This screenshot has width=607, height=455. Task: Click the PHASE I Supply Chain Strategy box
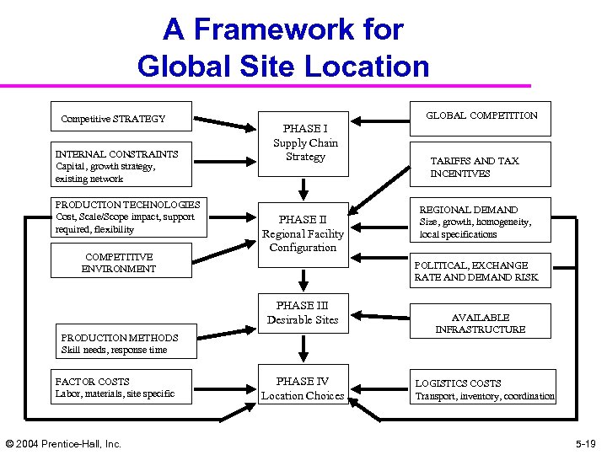[x=304, y=142]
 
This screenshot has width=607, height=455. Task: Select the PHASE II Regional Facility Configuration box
[x=303, y=233]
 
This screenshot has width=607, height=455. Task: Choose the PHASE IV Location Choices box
[x=303, y=388]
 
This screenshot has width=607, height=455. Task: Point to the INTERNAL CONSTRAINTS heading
[x=116, y=154]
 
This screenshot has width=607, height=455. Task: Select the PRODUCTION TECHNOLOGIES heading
[x=127, y=205]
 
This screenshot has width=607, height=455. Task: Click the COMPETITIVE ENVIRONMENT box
[x=119, y=262]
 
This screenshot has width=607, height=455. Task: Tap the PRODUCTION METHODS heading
[x=108, y=338]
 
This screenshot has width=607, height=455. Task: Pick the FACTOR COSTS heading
[x=93, y=382]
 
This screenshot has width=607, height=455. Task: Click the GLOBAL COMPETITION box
[x=481, y=116]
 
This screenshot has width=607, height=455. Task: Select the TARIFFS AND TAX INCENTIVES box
[x=475, y=167]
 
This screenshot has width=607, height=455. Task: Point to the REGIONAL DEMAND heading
[x=469, y=210]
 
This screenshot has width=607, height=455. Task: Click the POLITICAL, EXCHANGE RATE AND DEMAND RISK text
[x=475, y=271]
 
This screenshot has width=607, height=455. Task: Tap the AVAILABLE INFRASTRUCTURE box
[x=480, y=324]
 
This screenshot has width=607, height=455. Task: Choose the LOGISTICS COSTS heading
[x=457, y=383]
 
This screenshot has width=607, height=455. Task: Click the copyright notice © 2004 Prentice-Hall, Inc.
[x=63, y=443]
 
